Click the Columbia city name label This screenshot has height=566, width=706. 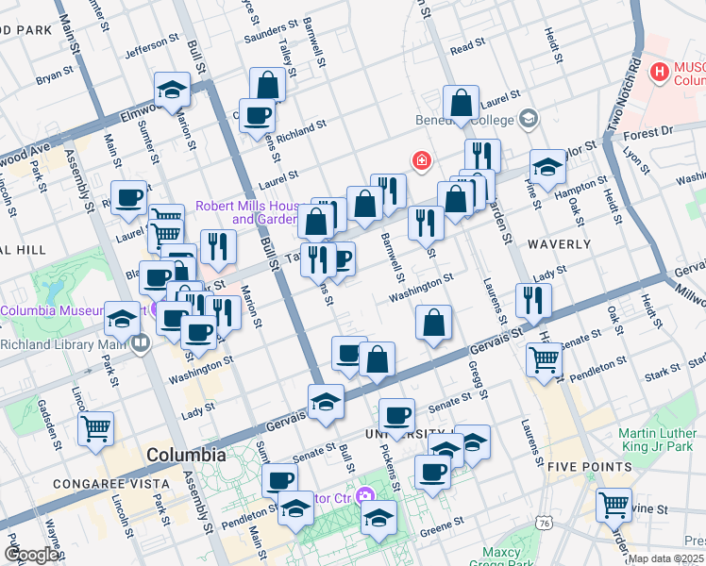point(186,455)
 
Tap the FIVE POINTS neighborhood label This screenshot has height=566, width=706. point(588,467)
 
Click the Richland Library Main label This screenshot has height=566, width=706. point(65,343)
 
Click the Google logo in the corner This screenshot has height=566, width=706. point(32,555)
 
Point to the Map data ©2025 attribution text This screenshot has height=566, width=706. point(665,558)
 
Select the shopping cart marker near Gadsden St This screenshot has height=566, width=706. point(95,428)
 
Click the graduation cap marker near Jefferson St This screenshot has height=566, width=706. point(173,90)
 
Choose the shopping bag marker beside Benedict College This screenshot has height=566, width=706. point(462,104)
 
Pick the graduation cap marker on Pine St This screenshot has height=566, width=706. point(547,167)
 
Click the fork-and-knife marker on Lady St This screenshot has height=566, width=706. point(533,300)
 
